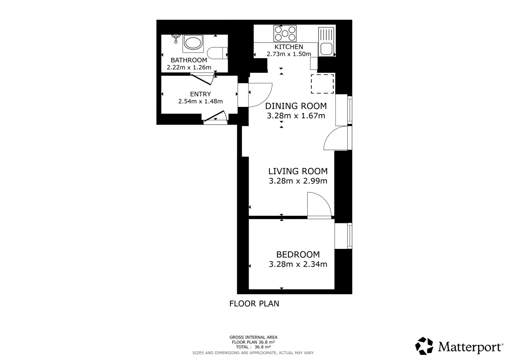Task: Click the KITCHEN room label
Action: [288, 47]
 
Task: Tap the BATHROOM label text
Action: [189, 60]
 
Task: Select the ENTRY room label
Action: [200, 94]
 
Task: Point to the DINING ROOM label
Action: [296, 106]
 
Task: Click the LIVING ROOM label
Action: [298, 171]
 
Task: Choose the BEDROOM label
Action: [298, 254]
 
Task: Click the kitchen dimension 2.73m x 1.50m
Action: [289, 54]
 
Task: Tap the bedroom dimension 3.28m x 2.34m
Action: [298, 264]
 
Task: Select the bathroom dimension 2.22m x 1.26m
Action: [189, 67]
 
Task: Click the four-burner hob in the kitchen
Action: [285, 33]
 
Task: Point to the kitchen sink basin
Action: [327, 49]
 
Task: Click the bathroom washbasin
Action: [193, 43]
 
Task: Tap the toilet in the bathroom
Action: [217, 53]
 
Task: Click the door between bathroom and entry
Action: [202, 79]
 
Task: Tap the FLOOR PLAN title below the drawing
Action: [254, 304]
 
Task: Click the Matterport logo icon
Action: [424, 346]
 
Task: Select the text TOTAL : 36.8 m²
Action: [253, 347]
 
